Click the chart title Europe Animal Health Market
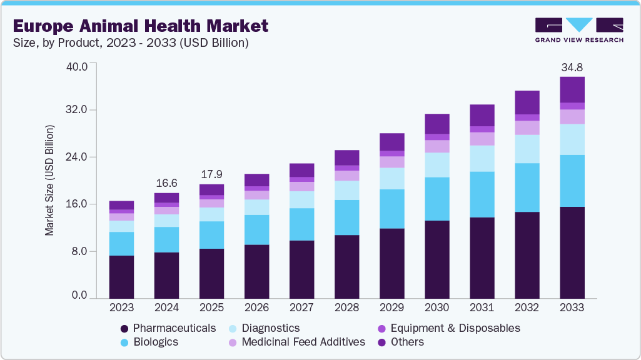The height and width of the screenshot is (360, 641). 141,26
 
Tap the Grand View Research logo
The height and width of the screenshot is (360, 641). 579,29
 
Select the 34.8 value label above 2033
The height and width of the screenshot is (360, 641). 572,67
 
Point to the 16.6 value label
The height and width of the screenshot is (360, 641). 166,183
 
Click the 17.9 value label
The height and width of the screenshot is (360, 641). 211,174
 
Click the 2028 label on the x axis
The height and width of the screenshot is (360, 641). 347,307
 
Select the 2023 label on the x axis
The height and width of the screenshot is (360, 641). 121,307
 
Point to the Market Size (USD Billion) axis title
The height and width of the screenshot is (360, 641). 49,181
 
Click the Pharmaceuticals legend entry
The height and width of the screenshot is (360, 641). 168,328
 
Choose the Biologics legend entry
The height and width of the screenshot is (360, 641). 149,342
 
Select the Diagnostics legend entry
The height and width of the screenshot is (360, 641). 263,328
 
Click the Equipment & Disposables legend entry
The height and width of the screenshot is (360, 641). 448,328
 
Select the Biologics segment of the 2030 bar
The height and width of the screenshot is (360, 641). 437,199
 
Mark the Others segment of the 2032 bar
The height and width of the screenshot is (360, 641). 527,102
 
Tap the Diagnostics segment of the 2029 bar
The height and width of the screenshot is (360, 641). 392,179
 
